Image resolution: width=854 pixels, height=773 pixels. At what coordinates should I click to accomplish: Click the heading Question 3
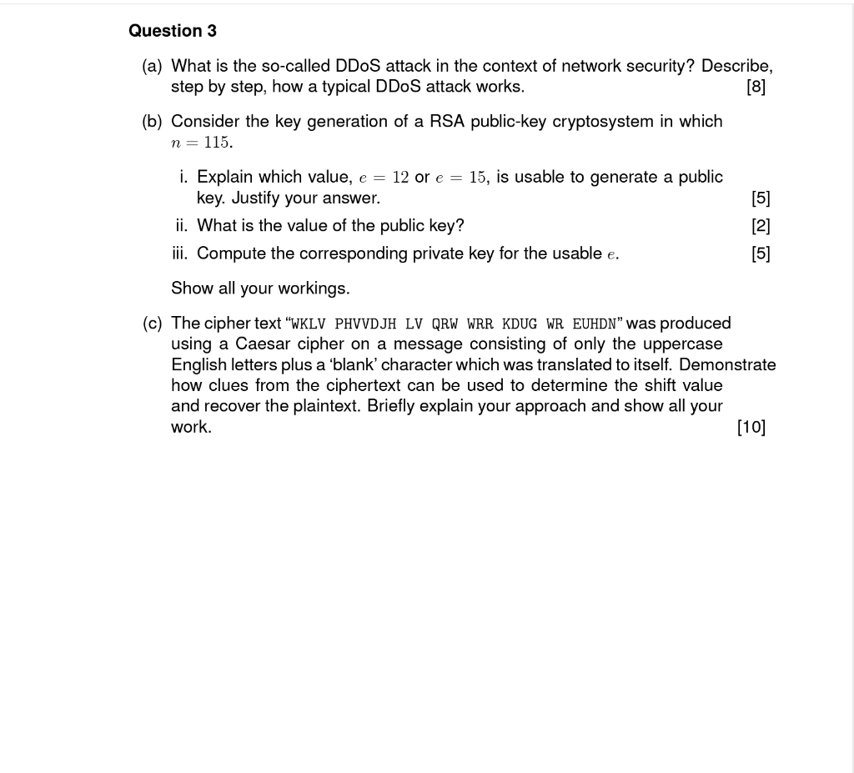tap(173, 31)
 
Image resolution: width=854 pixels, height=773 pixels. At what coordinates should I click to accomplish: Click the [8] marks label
tap(756, 87)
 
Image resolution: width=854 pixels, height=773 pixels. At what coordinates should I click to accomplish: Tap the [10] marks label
tap(751, 427)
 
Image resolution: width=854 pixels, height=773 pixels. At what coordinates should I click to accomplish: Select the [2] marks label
tap(761, 226)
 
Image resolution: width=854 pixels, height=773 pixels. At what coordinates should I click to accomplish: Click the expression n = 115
tap(201, 143)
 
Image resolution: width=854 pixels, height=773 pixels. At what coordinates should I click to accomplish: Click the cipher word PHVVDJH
tap(365, 324)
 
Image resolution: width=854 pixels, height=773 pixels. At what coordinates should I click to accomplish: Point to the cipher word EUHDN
tap(595, 324)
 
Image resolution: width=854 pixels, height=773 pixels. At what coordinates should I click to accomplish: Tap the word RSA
tap(447, 122)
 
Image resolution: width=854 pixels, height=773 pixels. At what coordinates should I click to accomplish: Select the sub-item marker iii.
tap(182, 253)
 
